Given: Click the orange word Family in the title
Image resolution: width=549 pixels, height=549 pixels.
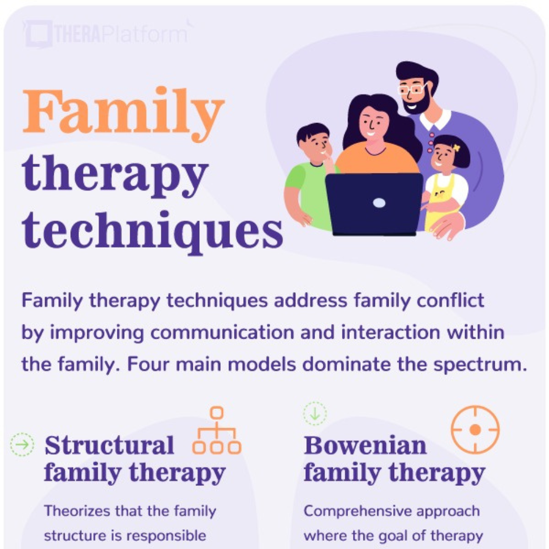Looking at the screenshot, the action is [x=123, y=114].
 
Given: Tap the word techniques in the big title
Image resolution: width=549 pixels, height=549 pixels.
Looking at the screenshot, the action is [x=152, y=232].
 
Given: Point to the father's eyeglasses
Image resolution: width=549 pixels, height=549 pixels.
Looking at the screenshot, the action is [x=412, y=89].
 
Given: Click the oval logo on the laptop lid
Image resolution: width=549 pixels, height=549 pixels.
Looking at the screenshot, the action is [x=379, y=203].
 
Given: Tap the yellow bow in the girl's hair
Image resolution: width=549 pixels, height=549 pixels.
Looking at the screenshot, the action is [x=456, y=147].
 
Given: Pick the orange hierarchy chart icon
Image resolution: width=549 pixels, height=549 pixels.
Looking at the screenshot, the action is [x=217, y=430].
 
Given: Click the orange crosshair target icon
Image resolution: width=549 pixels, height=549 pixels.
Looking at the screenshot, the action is [x=475, y=430].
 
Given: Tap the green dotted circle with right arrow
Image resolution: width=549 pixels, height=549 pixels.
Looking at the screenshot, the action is [x=22, y=445].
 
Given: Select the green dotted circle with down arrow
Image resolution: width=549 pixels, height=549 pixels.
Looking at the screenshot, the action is [x=315, y=413].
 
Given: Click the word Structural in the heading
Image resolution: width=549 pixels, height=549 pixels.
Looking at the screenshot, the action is [x=109, y=445].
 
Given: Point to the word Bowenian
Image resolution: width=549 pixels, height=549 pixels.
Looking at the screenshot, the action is [x=365, y=445].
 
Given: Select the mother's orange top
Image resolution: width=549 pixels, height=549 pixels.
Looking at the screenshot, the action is [x=377, y=158].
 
